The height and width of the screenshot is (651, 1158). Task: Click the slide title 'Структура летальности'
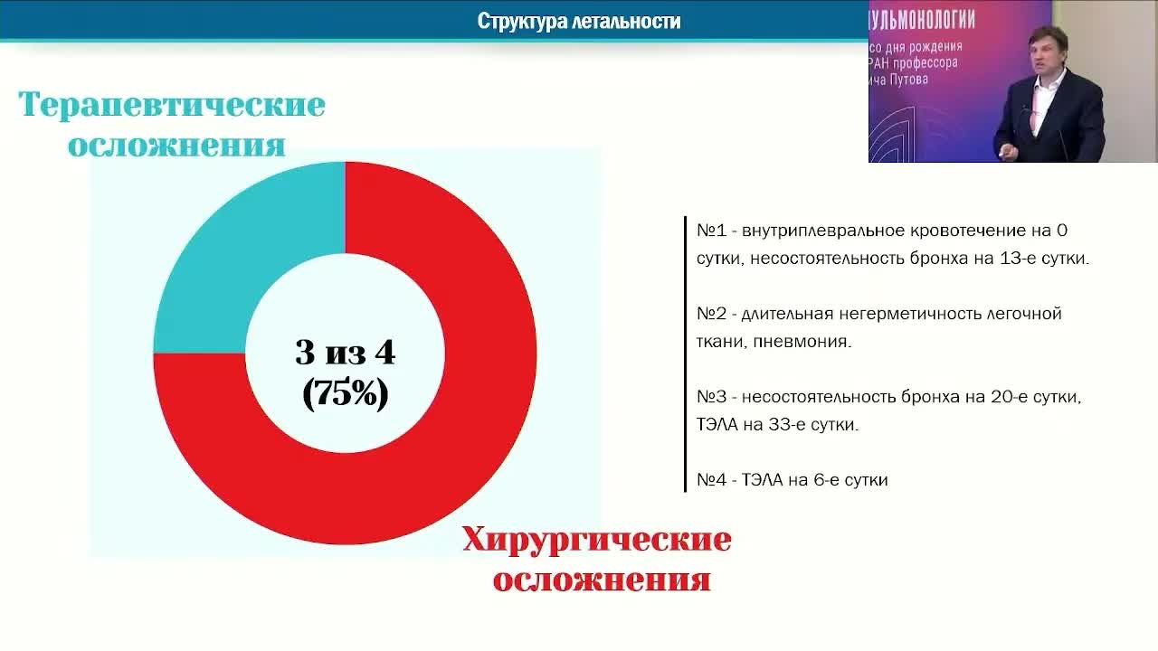(x=579, y=21)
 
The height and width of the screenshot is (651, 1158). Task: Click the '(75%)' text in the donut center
(x=346, y=393)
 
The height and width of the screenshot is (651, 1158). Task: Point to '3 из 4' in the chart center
(x=346, y=352)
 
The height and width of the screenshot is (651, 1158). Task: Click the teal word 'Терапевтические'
(x=172, y=105)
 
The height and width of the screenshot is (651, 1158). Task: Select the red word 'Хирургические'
(x=596, y=541)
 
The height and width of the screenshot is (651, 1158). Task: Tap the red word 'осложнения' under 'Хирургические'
(x=602, y=580)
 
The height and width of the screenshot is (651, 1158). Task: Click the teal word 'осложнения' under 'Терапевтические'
(x=176, y=146)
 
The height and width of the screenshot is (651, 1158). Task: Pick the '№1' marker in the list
(x=711, y=231)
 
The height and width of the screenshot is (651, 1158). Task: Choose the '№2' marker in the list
(x=711, y=314)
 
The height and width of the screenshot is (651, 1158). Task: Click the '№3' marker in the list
(x=711, y=397)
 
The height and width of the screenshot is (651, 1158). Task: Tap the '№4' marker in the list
(x=711, y=480)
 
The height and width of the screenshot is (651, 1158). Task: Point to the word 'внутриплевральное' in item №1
(x=818, y=231)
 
